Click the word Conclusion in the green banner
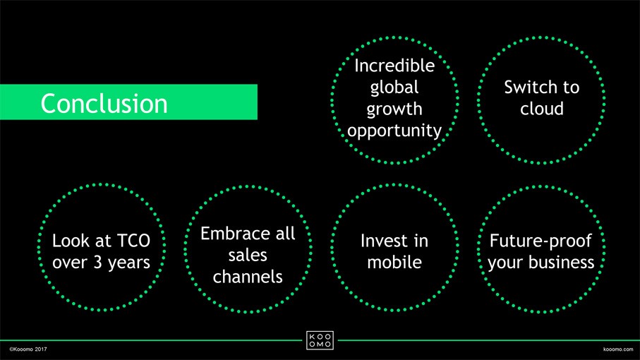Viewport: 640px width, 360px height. point(104,103)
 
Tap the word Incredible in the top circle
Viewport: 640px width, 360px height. point(394,66)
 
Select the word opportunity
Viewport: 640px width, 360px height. point(394,131)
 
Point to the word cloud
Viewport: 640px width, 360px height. point(542,109)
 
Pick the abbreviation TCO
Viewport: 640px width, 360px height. point(133,241)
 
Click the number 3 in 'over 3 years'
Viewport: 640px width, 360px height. point(97,263)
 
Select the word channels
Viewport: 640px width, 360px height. point(248,277)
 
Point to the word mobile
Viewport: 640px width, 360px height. point(394,263)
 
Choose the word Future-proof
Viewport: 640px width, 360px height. point(541,241)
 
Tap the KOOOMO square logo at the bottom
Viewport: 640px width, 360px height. point(320,340)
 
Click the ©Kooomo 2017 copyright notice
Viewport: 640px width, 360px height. point(28,349)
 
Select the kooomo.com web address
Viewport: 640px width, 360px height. point(618,349)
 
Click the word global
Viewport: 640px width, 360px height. point(394,88)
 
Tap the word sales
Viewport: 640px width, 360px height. point(248,256)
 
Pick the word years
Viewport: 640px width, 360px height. point(129,263)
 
